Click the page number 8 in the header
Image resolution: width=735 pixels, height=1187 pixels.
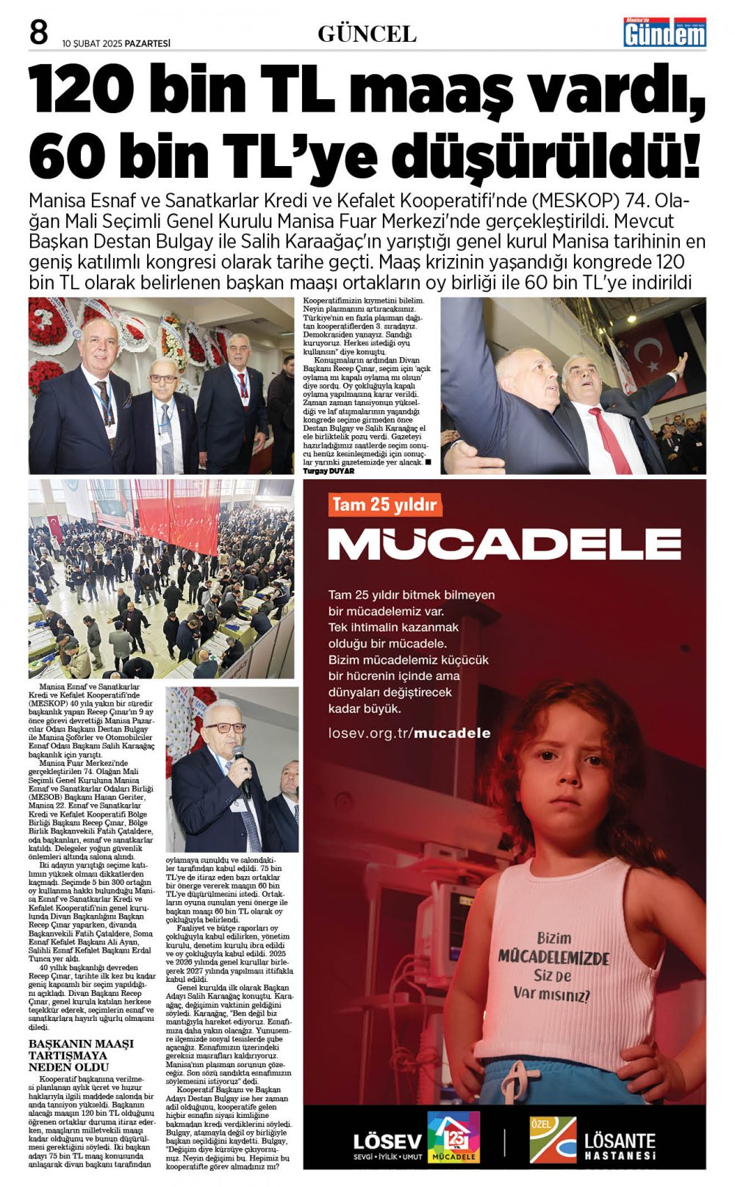coord(38,33)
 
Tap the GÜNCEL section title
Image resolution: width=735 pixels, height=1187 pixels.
coord(367,34)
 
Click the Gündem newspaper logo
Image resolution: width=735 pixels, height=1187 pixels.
coord(664,32)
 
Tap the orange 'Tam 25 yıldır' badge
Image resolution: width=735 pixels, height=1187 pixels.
coord(384,505)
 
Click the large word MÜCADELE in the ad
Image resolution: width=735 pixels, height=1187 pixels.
coord(504,545)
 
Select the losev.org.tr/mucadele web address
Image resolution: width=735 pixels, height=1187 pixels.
coord(409,733)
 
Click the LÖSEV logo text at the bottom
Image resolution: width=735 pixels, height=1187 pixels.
coord(387,1141)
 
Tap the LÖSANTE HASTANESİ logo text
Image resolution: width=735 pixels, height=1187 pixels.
coord(620,1145)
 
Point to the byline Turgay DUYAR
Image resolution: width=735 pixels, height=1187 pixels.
coord(329,471)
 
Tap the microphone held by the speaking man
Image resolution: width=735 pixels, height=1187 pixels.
coord(240,764)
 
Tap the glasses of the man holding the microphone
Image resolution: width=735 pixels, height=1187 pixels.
coord(225,728)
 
